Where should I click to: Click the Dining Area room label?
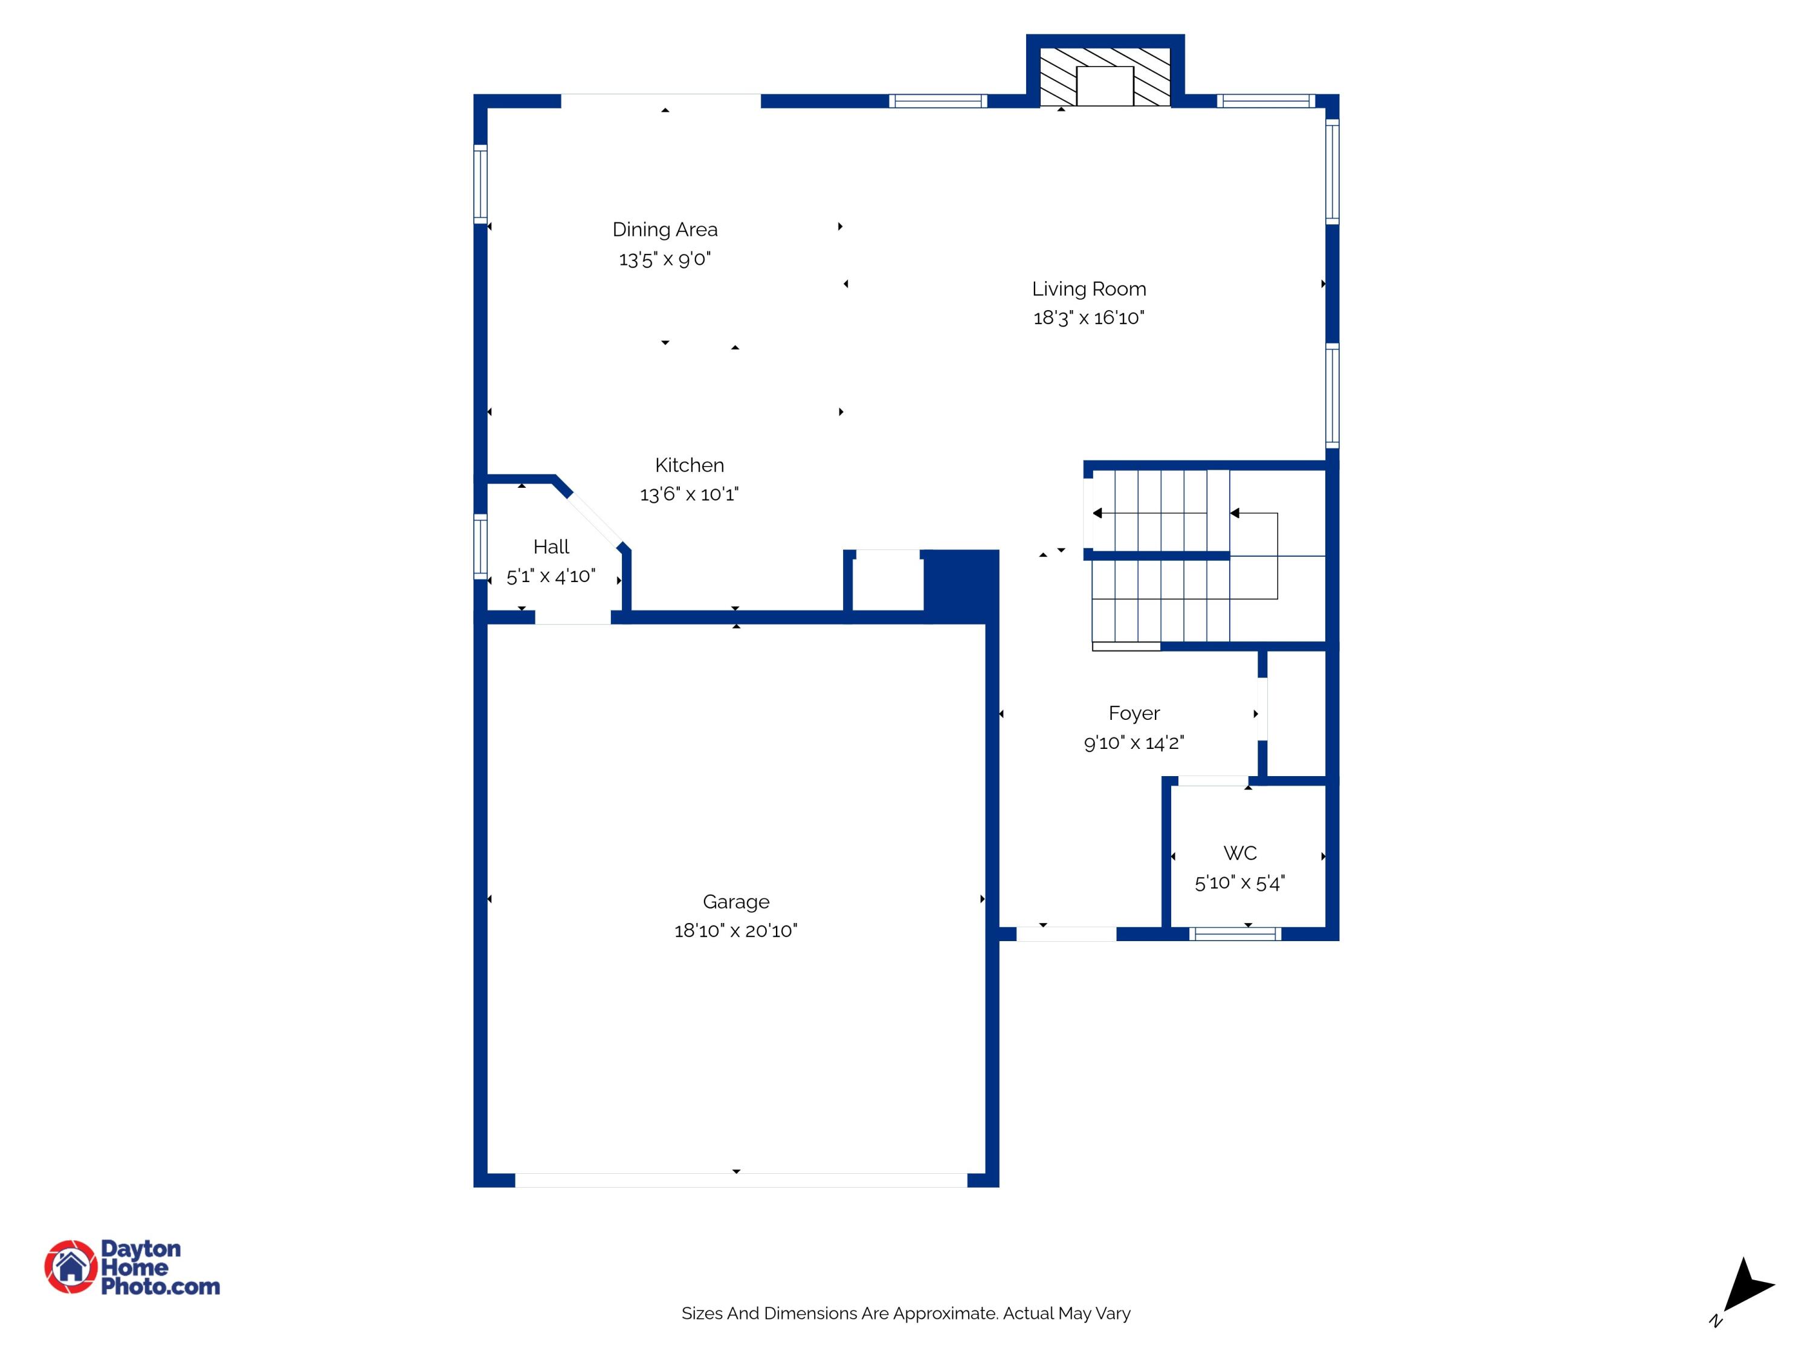[x=665, y=230]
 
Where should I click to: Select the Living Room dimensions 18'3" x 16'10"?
[x=1088, y=318]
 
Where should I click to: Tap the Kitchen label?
[x=690, y=465]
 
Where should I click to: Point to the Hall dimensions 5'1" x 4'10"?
[x=551, y=576]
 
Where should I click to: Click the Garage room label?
[x=736, y=902]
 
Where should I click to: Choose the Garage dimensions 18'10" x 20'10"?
[x=736, y=930]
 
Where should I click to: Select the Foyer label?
[x=1134, y=713]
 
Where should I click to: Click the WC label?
[x=1240, y=853]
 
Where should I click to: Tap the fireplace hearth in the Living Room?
[x=1105, y=86]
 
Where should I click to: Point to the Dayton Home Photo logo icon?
[x=71, y=1266]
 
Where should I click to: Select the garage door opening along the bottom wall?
[x=741, y=1180]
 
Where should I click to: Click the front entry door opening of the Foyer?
[x=1065, y=934]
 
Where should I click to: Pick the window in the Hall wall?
[x=480, y=547]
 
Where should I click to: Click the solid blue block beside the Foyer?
[x=961, y=580]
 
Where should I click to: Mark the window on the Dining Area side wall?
[x=480, y=184]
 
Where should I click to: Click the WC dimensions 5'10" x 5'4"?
[x=1240, y=883]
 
